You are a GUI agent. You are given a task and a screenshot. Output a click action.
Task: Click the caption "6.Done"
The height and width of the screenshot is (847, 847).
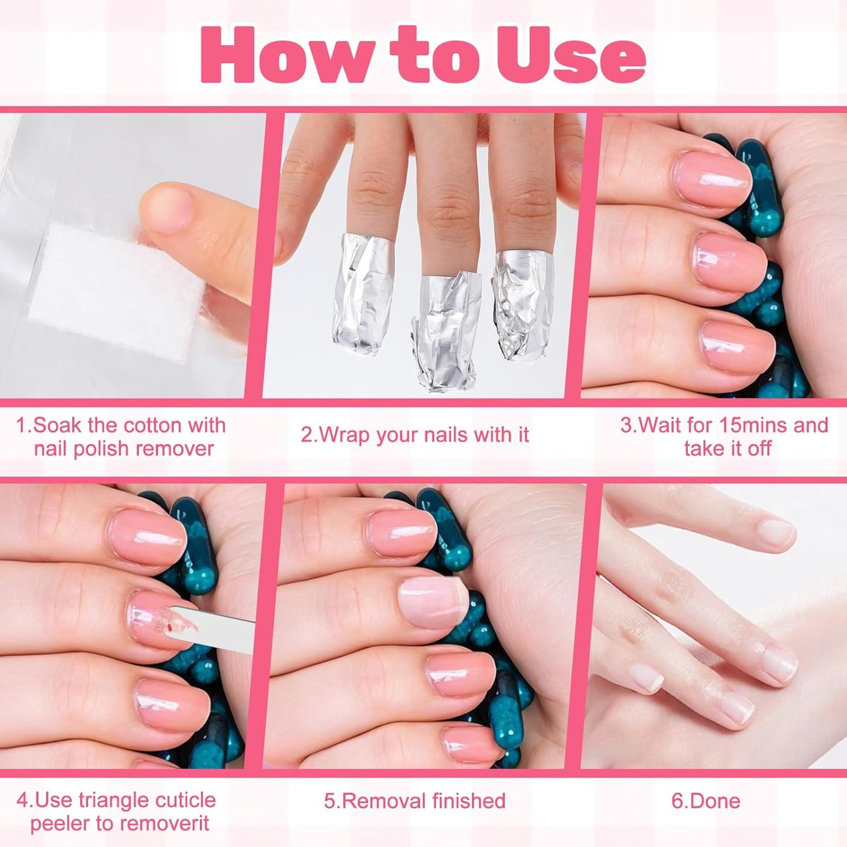point(706,801)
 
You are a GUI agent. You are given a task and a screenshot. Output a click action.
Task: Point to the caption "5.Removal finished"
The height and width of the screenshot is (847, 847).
point(414,801)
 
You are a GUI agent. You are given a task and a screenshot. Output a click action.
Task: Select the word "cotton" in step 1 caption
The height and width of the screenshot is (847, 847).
point(155,425)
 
